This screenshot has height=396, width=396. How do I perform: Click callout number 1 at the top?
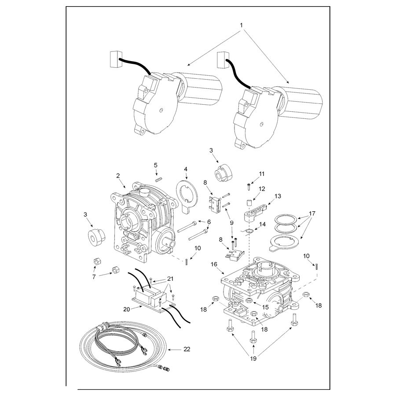click(x=241, y=25)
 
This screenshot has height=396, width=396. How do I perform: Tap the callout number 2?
click(x=118, y=176)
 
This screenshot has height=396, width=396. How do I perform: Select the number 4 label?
click(x=186, y=169)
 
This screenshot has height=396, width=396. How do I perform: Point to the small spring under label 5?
click(x=158, y=180)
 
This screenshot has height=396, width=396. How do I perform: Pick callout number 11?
click(x=262, y=174)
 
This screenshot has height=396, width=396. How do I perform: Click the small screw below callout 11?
click(x=249, y=187)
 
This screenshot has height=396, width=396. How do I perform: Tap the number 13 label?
click(x=278, y=196)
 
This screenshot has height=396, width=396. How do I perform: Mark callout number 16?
click(x=214, y=264)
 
